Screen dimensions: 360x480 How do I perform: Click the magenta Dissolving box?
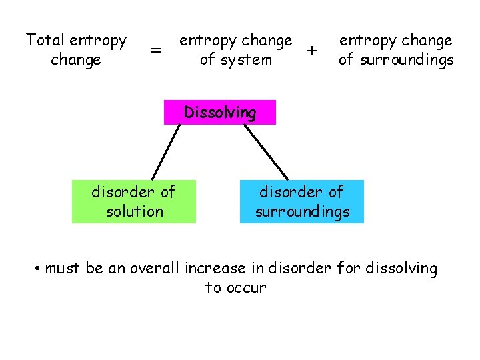coord(219,113)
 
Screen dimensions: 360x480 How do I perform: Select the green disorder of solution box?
coord(134,201)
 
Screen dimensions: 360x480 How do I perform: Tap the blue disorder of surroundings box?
coord(302,201)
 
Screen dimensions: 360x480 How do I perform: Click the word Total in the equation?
coord(45,41)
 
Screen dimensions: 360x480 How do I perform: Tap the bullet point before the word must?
coord(39,269)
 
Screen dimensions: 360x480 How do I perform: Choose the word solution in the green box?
coord(134,211)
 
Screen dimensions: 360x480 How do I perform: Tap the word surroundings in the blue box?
coord(302,211)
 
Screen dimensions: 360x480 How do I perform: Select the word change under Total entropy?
coord(75,60)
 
